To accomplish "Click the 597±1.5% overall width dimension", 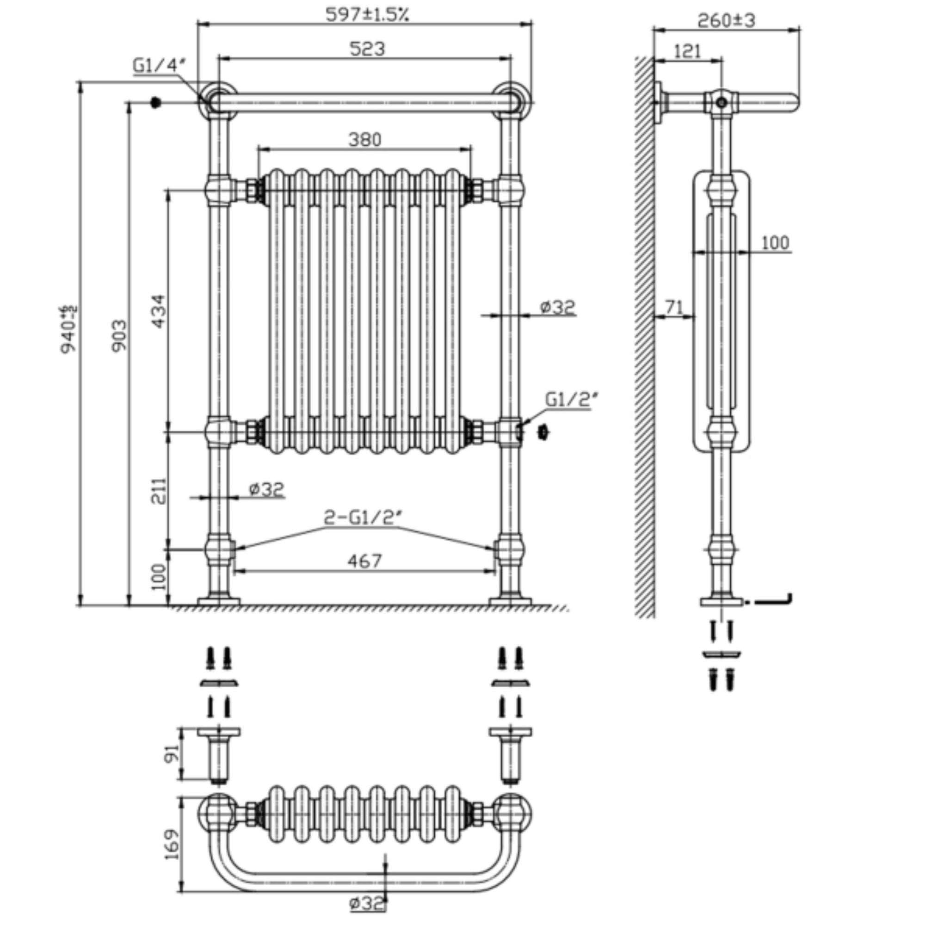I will click(367, 14).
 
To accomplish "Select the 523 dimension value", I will click(367, 49).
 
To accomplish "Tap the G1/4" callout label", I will click(158, 66).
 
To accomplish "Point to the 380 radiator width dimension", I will click(365, 140).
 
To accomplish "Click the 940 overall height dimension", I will click(68, 329).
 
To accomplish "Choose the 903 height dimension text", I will click(120, 336).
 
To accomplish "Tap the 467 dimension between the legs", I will click(365, 561).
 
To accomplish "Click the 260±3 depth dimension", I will click(726, 21).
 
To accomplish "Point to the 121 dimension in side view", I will click(688, 51).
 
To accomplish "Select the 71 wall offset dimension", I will click(675, 307).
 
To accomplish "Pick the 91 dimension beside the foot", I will click(173, 754).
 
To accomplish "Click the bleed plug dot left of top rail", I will click(155, 103).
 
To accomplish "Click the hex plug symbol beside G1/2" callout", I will click(543, 432).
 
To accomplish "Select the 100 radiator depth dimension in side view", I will click(775, 243).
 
